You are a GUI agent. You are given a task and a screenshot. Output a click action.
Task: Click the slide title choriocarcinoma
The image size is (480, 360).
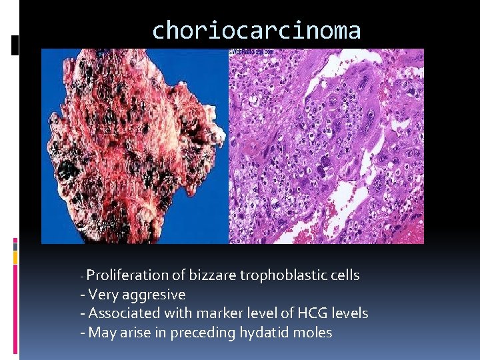(x=257, y=31)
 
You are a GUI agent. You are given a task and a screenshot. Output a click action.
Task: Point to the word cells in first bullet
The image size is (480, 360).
(x=343, y=275)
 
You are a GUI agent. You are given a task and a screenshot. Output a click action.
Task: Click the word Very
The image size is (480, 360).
(x=103, y=295)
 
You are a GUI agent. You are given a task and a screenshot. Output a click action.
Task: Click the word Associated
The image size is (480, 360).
(x=123, y=313)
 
